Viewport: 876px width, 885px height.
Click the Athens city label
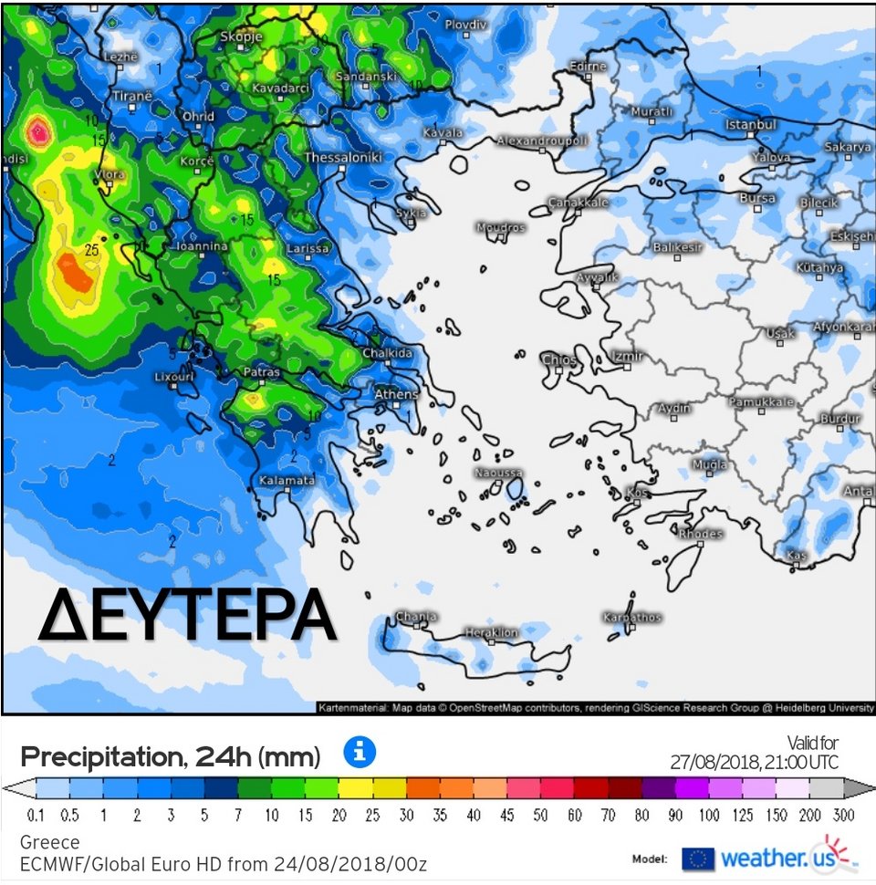[x=396, y=394]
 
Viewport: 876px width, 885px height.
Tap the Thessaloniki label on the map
[x=342, y=158]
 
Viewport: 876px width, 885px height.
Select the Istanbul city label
[x=751, y=124]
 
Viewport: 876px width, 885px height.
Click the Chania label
[x=416, y=617]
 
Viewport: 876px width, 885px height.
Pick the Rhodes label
[x=700, y=534]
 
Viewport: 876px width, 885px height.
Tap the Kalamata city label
[x=287, y=480]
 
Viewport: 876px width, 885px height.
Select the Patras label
[x=261, y=372]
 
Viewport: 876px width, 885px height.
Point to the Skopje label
[x=241, y=36]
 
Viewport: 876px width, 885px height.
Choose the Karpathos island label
[x=631, y=618]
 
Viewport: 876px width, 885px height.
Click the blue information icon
[x=360, y=753]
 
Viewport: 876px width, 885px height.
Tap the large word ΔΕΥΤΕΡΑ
[x=187, y=617]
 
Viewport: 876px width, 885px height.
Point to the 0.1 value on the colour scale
[x=37, y=816]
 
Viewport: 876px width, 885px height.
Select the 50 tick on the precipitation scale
[x=539, y=816]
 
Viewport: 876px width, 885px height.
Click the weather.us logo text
[x=763, y=858]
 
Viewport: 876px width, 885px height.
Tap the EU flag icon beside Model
[x=698, y=859]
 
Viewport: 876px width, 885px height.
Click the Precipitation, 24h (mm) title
[x=170, y=756]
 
